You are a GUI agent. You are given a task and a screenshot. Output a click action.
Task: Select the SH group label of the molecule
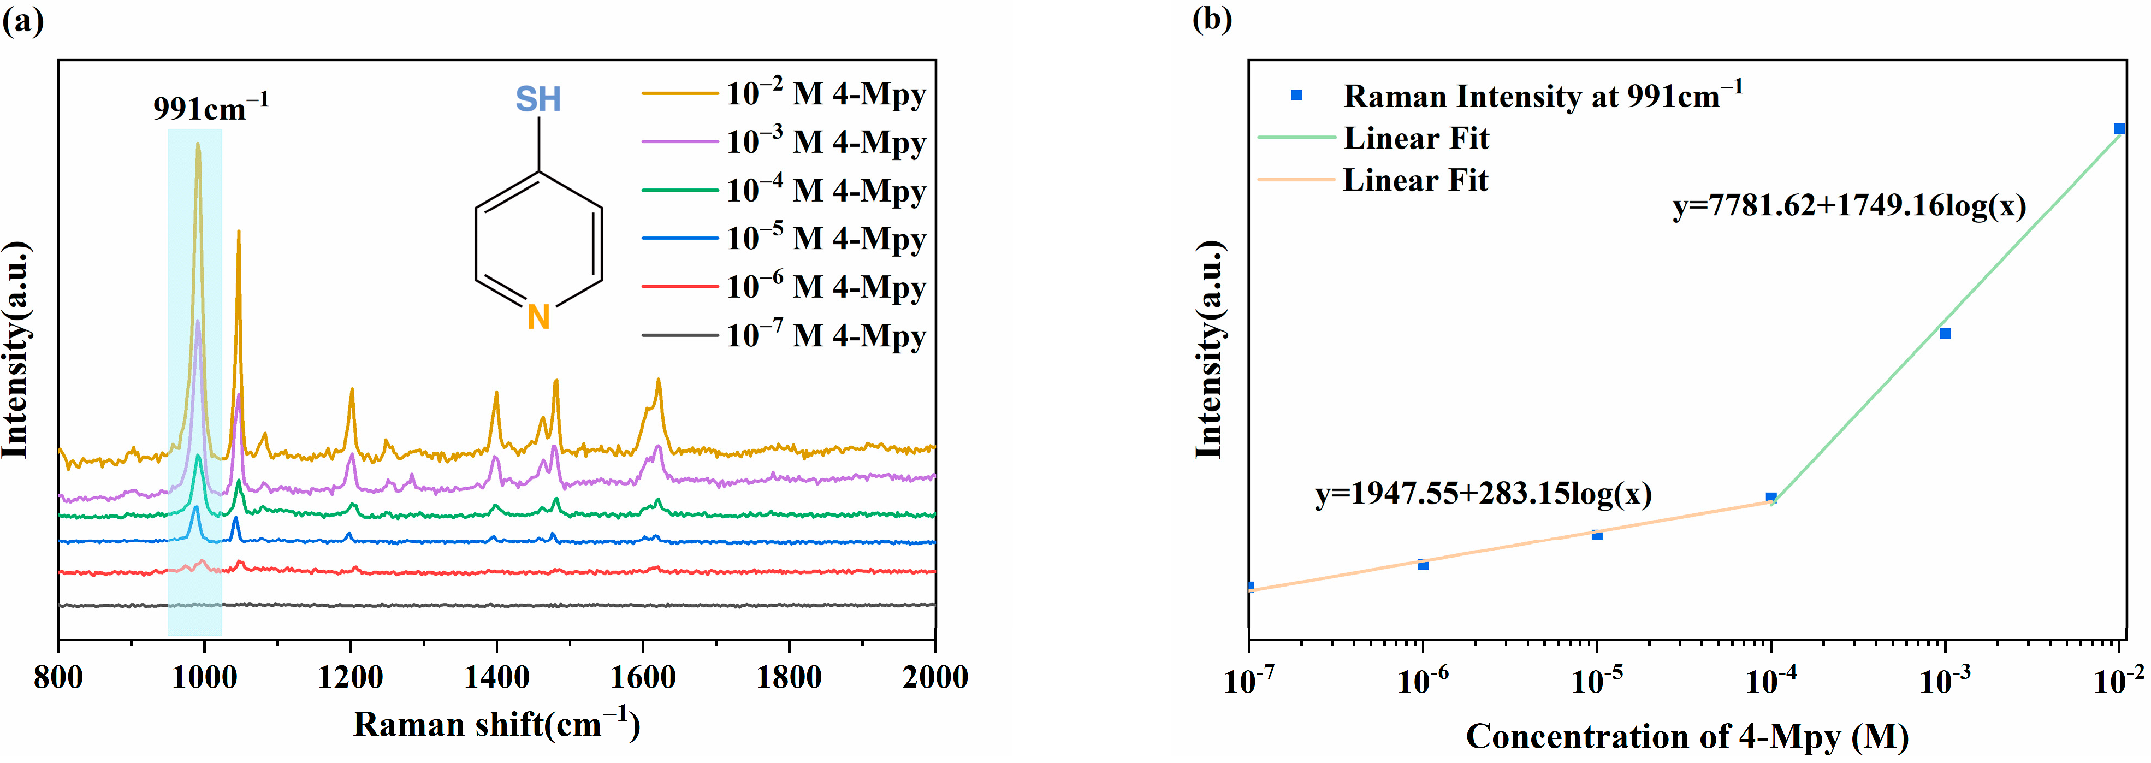click(538, 100)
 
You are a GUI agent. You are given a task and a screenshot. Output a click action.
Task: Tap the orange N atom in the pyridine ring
click(538, 317)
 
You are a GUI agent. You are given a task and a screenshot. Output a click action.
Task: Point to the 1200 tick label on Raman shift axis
click(350, 677)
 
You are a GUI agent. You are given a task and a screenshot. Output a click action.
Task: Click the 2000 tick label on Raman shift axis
click(934, 677)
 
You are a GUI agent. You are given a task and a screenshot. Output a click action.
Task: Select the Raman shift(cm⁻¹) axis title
click(496, 724)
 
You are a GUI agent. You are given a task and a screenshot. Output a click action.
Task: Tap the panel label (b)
click(1212, 19)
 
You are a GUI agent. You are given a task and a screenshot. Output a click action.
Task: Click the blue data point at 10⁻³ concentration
click(1945, 334)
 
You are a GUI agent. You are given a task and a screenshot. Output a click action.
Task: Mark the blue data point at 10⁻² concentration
click(2118, 128)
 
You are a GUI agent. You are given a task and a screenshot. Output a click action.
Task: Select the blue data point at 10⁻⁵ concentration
click(1597, 535)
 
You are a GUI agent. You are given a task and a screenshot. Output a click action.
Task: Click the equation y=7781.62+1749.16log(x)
click(1848, 205)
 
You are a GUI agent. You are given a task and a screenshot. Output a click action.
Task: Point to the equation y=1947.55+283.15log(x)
click(1483, 493)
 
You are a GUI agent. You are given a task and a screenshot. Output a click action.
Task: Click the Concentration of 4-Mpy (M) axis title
click(1687, 736)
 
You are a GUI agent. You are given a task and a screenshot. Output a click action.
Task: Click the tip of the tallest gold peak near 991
click(198, 144)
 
